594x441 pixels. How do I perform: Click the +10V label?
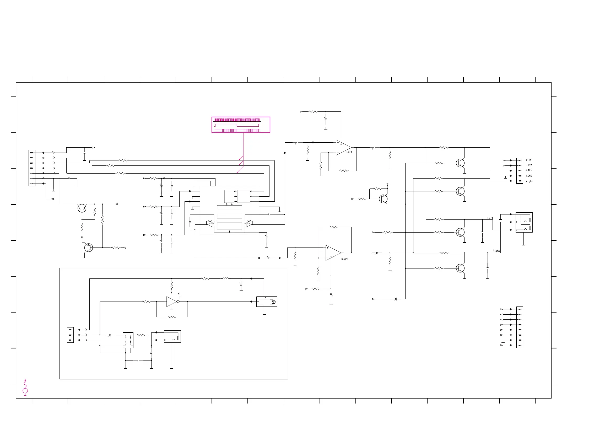click(x=528, y=160)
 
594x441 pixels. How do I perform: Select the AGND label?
click(x=529, y=176)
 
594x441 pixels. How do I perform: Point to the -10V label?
click(x=529, y=165)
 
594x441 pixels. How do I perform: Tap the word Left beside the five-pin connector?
click(x=528, y=170)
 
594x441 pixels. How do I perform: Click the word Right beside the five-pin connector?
click(x=529, y=181)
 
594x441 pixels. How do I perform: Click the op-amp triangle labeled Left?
click(x=343, y=147)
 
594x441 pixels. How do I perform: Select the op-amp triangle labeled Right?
click(x=332, y=252)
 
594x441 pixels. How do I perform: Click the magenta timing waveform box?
click(x=241, y=125)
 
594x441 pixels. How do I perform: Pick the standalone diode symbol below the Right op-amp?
click(x=395, y=299)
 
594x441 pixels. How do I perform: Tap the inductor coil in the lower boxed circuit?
click(x=225, y=278)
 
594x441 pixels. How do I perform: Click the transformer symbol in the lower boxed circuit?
click(x=128, y=340)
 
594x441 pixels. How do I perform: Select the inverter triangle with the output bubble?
click(x=172, y=302)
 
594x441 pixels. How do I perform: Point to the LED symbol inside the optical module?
click(x=273, y=302)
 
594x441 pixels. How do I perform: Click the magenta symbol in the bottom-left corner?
click(x=25, y=387)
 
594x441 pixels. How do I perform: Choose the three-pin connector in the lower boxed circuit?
click(x=71, y=335)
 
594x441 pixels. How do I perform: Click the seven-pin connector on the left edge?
click(x=32, y=168)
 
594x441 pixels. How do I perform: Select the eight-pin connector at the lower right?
click(x=519, y=327)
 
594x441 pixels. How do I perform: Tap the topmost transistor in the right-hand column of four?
click(x=460, y=163)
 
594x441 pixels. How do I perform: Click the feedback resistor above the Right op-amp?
click(x=333, y=227)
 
